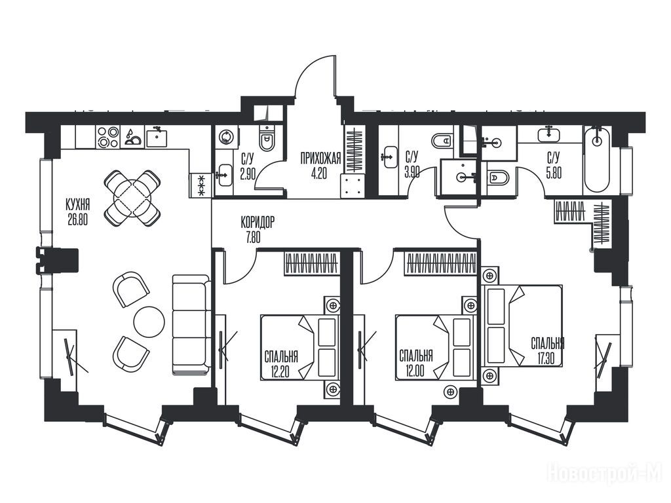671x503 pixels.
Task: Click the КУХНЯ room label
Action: [77, 204]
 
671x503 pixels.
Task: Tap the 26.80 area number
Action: [77, 219]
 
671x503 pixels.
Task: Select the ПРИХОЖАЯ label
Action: [320, 159]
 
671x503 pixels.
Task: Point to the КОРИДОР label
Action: [257, 223]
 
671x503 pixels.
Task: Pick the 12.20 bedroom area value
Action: [280, 372]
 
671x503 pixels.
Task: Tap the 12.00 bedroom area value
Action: [415, 371]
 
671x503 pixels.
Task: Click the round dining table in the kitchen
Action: [132, 198]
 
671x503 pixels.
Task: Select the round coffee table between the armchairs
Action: [149, 322]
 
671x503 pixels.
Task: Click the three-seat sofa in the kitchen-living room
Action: [191, 325]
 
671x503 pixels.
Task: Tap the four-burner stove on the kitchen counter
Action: [108, 137]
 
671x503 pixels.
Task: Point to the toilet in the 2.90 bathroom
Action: [267, 139]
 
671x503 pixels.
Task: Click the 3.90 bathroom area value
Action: [412, 172]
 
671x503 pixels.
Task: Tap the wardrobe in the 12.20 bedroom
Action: [312, 263]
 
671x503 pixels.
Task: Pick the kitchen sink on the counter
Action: [156, 137]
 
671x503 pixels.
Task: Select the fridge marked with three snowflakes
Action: [199, 185]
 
